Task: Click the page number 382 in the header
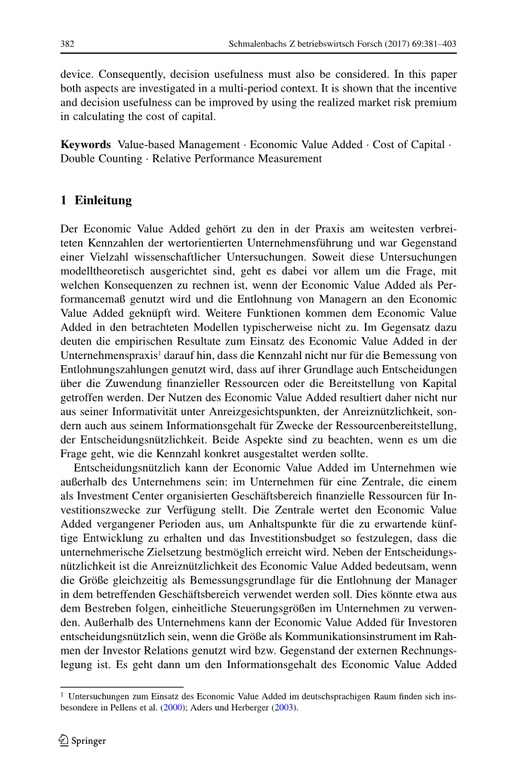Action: pos(66,45)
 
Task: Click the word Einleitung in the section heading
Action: pos(104,201)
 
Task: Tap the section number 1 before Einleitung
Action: pos(63,201)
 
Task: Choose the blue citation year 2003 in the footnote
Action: pos(285,708)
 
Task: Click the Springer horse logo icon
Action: pos(65,740)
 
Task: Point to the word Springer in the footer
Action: pos(90,741)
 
